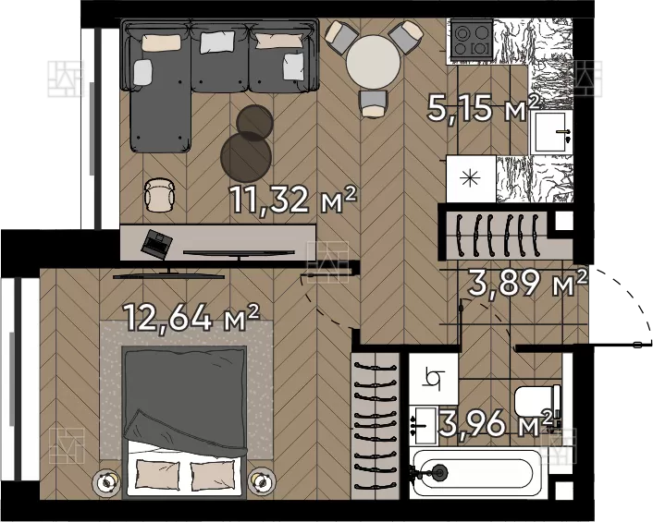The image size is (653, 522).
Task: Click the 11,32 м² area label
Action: pos(293,200)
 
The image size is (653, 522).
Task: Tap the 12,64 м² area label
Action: pos(191,318)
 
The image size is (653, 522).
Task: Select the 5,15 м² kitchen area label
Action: pos(484,107)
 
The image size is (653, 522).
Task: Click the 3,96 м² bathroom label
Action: pos(497,423)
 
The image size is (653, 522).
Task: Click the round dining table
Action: pos(373,61)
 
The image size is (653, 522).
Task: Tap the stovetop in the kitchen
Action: pos(472,40)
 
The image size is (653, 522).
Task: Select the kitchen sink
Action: pos(551,132)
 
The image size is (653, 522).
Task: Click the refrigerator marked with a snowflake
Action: pos(471,178)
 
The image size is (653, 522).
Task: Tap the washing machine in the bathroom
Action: pos(434,379)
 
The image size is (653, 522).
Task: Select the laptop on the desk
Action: pos(156,243)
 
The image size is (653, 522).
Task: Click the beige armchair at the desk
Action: pos(159,195)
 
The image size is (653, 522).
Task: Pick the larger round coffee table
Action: pos(246,154)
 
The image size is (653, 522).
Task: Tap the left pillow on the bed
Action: pos(158,473)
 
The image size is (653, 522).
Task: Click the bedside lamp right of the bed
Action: pos(262,481)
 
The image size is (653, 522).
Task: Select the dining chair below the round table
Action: pos(374,104)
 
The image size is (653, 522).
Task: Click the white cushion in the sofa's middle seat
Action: pos(217,42)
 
